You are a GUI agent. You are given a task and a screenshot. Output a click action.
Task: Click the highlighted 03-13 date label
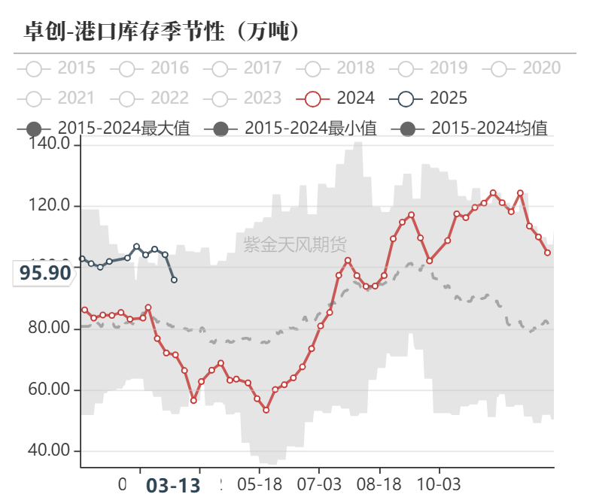click(173, 486)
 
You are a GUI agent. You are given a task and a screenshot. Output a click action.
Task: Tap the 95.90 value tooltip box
click(44, 273)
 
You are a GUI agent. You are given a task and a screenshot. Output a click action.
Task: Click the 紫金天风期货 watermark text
click(295, 244)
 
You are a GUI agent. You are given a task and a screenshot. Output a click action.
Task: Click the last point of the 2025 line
click(174, 280)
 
